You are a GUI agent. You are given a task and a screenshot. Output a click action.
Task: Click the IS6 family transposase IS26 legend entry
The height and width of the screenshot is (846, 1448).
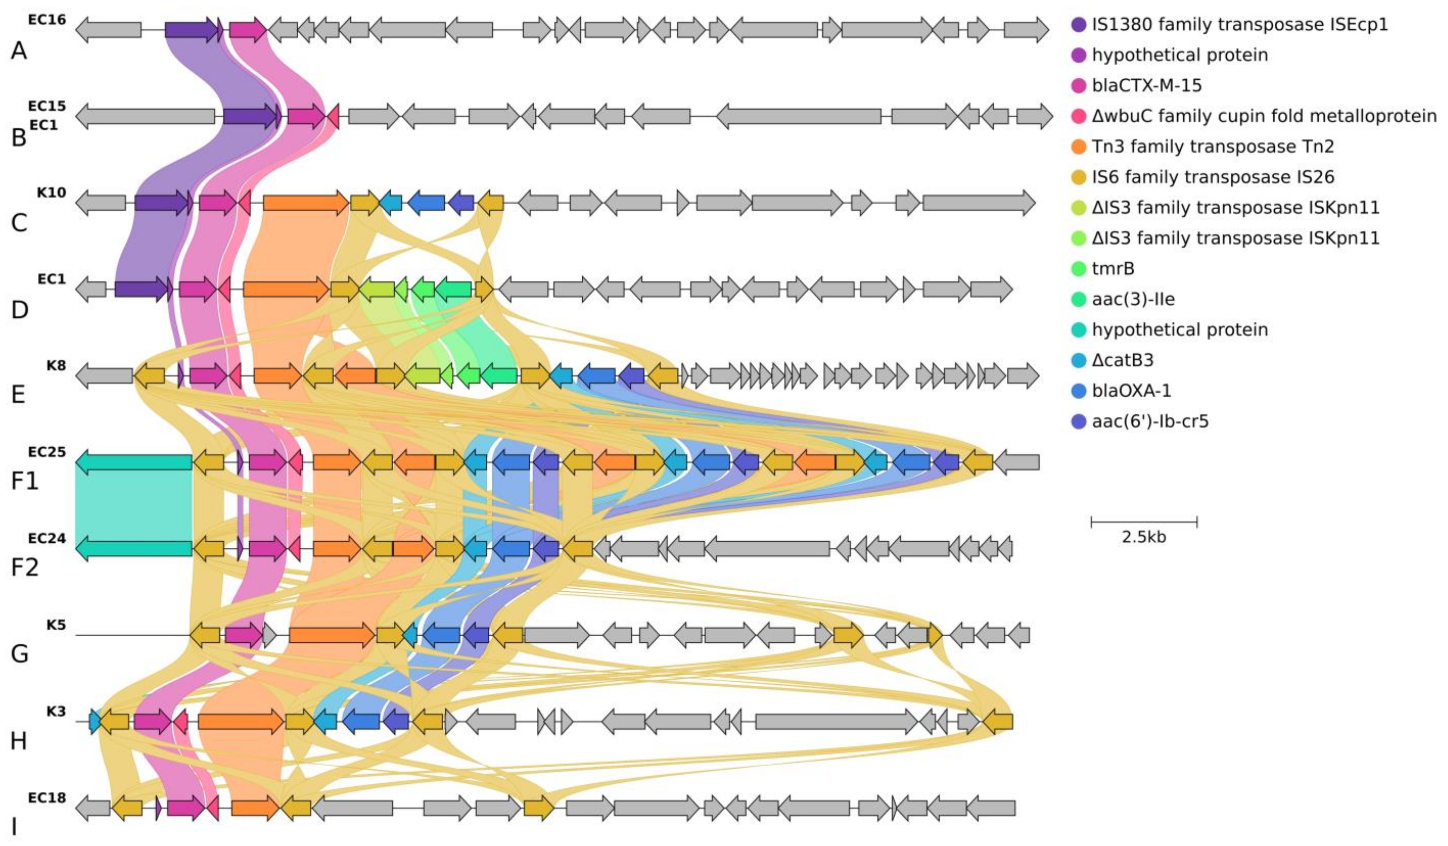(x=1212, y=177)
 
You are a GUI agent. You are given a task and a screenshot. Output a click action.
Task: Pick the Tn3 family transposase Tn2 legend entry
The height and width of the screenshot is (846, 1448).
(x=1212, y=146)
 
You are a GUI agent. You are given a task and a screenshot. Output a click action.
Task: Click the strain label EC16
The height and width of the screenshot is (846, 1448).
(x=47, y=20)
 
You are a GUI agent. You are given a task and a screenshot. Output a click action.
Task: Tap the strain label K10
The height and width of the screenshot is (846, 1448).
(x=52, y=192)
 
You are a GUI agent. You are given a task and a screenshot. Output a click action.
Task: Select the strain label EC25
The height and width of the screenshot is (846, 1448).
(x=47, y=452)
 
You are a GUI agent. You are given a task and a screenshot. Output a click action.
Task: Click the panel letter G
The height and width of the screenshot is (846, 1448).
(x=19, y=654)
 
